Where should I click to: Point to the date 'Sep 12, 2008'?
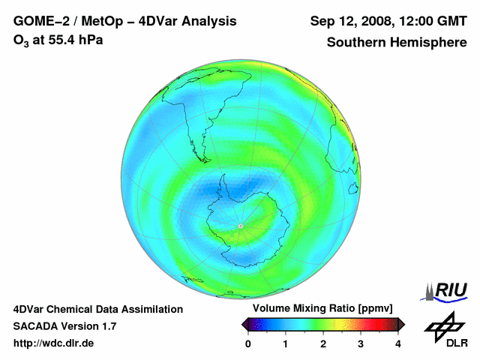point(348,20)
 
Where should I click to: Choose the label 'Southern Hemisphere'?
point(397,42)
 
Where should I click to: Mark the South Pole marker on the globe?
point(240,226)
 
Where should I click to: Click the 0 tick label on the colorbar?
point(248,343)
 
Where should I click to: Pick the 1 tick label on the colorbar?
point(286,343)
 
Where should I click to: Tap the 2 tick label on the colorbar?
point(323,343)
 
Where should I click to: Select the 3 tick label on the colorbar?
point(361,343)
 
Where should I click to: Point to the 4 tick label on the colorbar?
point(398,343)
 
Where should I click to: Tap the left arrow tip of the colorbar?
point(244,324)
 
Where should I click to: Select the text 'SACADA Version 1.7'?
point(64,326)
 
